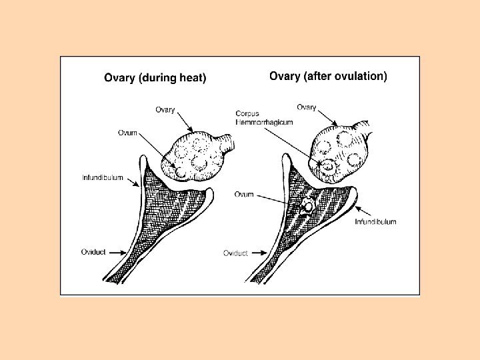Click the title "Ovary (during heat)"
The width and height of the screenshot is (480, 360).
click(155, 78)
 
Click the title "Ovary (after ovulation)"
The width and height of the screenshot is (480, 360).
click(328, 76)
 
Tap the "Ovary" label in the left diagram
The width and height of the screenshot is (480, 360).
click(165, 109)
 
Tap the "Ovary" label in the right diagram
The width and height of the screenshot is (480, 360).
click(306, 107)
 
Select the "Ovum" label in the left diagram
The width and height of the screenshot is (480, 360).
click(127, 133)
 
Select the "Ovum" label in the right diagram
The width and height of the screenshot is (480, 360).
click(244, 194)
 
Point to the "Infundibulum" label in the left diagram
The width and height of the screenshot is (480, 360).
click(102, 177)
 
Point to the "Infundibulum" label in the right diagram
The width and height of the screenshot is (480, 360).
click(375, 221)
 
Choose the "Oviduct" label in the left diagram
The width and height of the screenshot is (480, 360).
click(93, 251)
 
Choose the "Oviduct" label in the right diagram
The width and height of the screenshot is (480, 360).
click(235, 253)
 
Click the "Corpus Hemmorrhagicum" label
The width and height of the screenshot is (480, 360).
click(257, 118)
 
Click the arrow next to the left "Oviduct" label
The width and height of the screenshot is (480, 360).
click(118, 251)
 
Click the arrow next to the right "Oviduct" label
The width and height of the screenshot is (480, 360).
click(259, 253)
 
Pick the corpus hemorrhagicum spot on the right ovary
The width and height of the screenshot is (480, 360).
click(326, 163)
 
